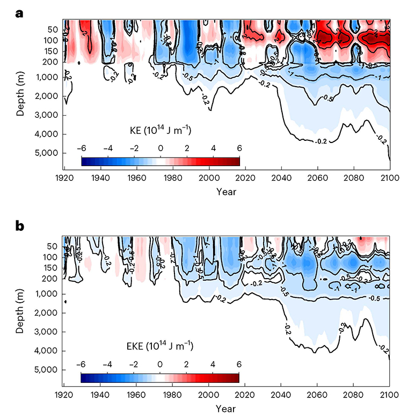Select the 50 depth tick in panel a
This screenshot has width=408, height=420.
50,29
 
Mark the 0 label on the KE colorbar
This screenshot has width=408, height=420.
160,148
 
